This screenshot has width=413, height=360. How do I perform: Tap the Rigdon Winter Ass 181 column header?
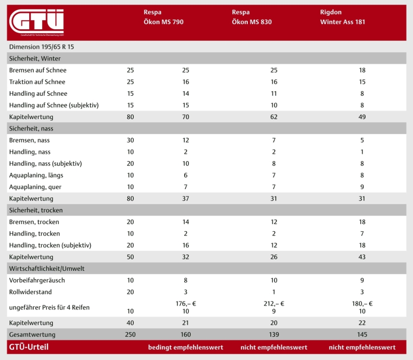coord(342,17)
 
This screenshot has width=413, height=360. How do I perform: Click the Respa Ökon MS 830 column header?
coord(252,17)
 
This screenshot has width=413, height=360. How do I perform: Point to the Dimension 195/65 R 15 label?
coord(41,47)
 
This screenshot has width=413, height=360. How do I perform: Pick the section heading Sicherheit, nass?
coord(31,128)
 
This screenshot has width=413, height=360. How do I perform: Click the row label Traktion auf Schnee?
coord(37,82)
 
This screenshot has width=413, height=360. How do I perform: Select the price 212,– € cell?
coord(274,303)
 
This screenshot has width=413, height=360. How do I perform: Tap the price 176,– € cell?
coord(185,303)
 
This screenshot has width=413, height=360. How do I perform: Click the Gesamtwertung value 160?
coord(185,334)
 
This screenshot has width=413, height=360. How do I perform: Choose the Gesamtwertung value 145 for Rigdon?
coord(362,334)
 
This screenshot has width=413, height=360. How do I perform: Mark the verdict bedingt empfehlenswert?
coord(185,347)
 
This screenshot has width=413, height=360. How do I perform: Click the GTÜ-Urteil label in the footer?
coord(28,347)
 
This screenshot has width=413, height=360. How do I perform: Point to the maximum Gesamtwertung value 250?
coord(130,334)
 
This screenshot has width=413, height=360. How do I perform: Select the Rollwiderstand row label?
coord(31,292)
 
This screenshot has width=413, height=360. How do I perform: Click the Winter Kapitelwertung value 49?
coord(362,117)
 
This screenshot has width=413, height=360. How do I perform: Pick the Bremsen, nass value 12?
coord(185,140)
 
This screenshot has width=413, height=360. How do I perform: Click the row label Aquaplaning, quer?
coord(35,187)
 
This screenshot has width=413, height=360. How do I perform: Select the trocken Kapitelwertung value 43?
coord(362,257)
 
